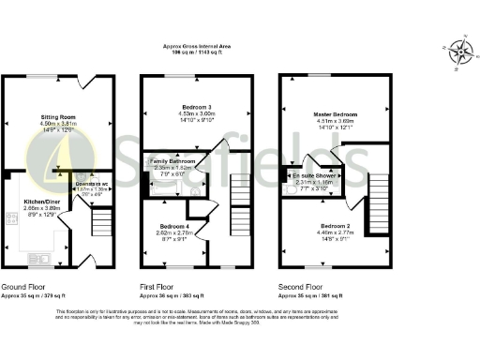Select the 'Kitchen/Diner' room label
pos(42,201)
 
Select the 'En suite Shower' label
pos(315,175)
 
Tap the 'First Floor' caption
pos(160,286)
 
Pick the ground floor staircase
pos(99,223)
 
